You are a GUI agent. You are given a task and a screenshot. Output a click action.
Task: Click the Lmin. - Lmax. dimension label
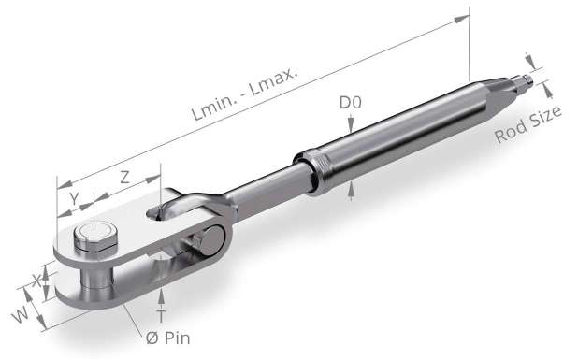tap(244, 94)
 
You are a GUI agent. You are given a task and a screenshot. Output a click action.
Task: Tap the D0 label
tap(350, 103)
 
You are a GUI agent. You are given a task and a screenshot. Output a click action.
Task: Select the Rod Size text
tap(527, 124)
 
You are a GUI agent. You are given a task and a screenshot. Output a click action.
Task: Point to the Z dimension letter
tap(125, 178)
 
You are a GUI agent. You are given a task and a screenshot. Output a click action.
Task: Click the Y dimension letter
tap(75, 198)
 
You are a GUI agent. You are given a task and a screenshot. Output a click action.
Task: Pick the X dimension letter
tap(36, 281)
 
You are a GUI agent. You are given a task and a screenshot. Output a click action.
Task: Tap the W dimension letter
tap(20, 315)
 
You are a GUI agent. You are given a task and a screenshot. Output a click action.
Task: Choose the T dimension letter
tap(161, 316)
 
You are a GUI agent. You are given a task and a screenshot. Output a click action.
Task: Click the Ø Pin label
tap(167, 338)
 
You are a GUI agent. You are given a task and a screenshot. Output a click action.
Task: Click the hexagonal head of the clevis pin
tap(95, 236)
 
